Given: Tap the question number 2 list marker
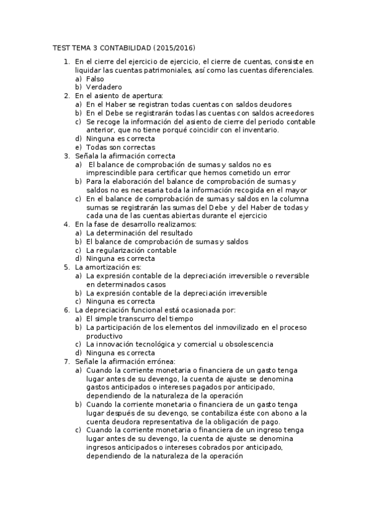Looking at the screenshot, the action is tap(67, 96).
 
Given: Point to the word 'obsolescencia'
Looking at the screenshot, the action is tap(249, 344).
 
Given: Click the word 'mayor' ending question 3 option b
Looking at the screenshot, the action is tap(296, 190).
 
